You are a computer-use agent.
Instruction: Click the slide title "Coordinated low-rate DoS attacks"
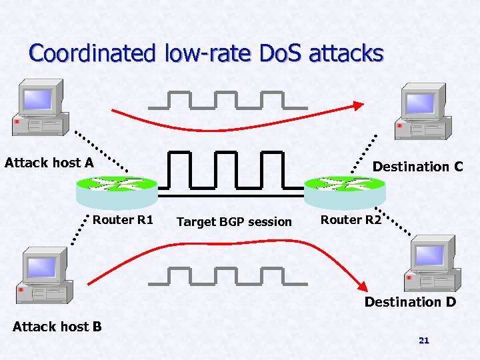coord(206,53)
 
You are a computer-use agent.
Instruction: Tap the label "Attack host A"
coord(49,163)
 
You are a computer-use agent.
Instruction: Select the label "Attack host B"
coord(57,326)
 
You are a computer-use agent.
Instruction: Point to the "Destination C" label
coord(417,167)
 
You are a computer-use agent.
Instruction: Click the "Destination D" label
coord(410,302)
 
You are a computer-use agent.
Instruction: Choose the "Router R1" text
coord(123,220)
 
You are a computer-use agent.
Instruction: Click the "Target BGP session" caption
coord(234,221)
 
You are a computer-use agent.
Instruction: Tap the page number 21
coord(423,341)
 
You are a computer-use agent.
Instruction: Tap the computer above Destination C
coord(421,111)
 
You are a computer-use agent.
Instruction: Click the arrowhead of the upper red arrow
coord(359,105)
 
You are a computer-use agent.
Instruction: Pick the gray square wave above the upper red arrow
coord(228,100)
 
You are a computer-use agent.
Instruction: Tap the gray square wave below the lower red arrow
coord(228,276)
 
